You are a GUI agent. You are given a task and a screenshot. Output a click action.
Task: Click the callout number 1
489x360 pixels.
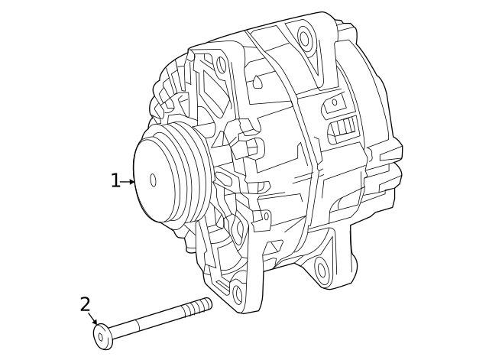click(115, 181)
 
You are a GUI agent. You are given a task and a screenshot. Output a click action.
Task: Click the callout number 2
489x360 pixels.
click(85, 305)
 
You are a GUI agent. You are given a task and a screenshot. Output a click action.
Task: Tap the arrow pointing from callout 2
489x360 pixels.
click(93, 320)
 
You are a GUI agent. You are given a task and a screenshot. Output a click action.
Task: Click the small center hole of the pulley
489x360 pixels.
click(153, 180)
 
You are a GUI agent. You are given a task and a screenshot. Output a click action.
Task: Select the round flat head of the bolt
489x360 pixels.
click(102, 336)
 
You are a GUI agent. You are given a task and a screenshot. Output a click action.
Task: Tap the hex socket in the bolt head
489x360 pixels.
click(101, 336)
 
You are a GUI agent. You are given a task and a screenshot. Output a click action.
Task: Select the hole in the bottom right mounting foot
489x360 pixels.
click(321, 268)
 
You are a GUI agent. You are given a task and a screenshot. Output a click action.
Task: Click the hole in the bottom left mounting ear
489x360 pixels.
click(237, 294)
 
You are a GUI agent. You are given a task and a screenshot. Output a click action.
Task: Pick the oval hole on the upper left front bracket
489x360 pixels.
click(222, 64)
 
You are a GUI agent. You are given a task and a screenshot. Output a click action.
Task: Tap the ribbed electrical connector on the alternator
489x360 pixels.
click(345, 128)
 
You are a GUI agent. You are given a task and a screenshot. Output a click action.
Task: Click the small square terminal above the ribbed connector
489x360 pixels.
click(333, 102)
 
